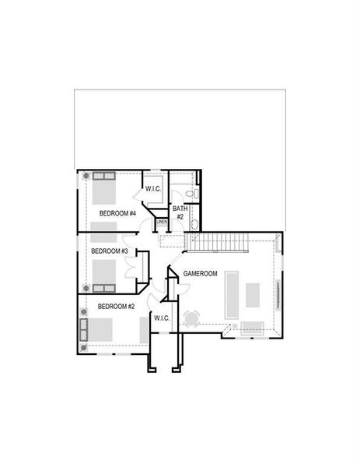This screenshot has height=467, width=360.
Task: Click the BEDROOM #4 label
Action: click(x=118, y=213)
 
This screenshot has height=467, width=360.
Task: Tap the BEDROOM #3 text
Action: click(x=110, y=251)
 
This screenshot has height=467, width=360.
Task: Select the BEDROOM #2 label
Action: click(x=117, y=307)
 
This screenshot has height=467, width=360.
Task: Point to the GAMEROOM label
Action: click(x=200, y=274)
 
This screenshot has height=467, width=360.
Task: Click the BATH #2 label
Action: click(x=180, y=212)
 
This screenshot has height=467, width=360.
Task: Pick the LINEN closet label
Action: click(x=162, y=223)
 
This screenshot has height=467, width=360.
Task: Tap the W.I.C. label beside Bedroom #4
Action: click(x=152, y=189)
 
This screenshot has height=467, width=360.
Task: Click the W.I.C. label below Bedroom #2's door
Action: click(x=162, y=318)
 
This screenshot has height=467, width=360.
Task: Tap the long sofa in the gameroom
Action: click(x=232, y=293)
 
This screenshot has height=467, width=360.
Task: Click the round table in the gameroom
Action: click(x=191, y=318)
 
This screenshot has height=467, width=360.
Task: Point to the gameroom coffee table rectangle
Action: click(x=253, y=293)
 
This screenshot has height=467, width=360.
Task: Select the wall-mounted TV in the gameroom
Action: click(x=278, y=294)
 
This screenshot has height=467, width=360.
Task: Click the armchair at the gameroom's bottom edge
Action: click(x=252, y=327)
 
